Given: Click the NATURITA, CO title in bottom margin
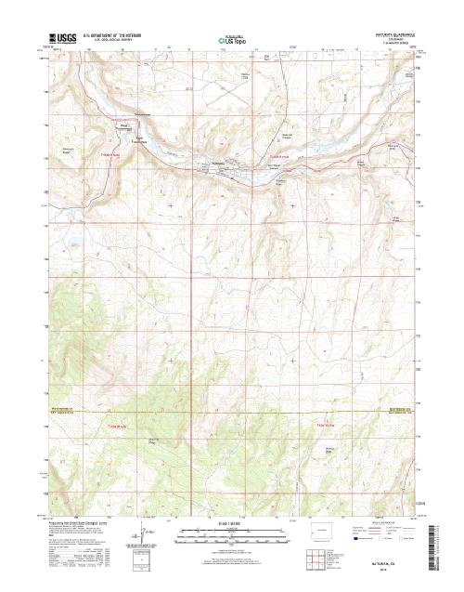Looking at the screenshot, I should point(381,564).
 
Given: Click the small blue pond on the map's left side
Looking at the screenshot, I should point(71,247).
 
